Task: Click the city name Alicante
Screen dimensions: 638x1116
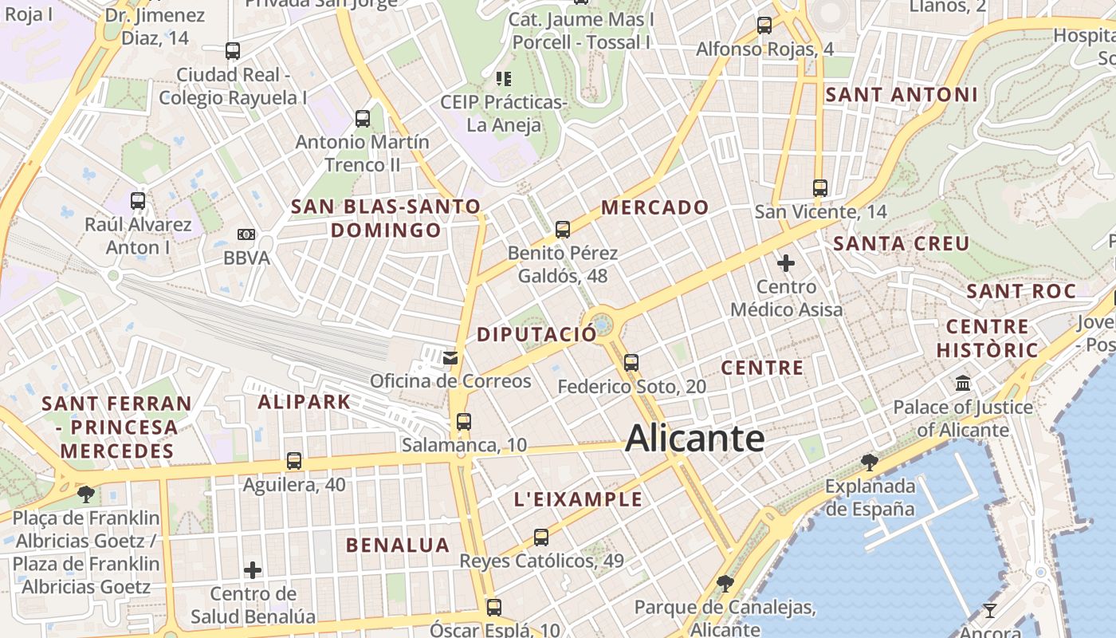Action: point(695,438)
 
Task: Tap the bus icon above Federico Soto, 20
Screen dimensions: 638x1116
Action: point(631,363)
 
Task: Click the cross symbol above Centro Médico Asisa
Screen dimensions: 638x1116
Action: point(786,262)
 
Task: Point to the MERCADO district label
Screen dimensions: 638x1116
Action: point(654,208)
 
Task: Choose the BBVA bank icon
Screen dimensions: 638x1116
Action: point(246,234)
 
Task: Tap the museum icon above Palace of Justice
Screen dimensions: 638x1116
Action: point(963,384)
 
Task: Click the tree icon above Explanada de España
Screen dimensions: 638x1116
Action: point(869,462)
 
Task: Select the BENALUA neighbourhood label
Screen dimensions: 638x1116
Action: point(398,545)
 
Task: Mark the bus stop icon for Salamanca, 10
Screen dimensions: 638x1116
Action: point(464,421)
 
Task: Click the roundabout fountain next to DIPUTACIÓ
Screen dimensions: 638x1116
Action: point(603,325)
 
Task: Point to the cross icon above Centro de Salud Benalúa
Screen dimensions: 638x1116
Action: point(253,570)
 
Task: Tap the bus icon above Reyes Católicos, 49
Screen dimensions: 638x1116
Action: point(541,537)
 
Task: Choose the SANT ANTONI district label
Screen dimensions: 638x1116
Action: point(901,95)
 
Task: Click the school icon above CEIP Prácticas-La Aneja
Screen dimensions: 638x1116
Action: point(504,78)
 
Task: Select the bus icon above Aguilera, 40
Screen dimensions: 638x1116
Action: point(294,460)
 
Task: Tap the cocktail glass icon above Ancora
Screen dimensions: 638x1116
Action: point(990,611)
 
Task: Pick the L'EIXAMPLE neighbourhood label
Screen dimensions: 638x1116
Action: point(578,500)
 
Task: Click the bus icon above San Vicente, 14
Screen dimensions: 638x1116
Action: point(820,188)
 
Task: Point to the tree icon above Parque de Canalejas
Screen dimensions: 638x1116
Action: point(725,584)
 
